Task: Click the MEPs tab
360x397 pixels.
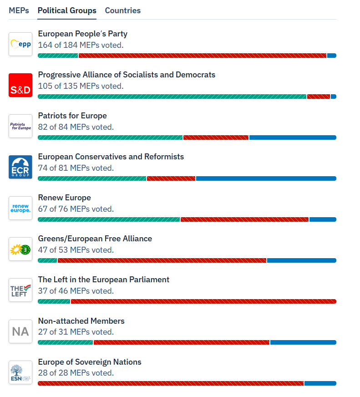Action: coord(19,10)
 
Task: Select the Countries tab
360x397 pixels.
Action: coord(123,10)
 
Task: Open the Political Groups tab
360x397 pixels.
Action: coord(67,10)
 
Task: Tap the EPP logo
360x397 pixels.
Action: coord(20,44)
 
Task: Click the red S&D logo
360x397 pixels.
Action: coord(20,85)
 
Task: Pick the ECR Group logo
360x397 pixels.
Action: coord(20,167)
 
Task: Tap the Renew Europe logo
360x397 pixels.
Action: coord(20,208)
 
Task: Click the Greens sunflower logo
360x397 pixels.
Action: coord(20,249)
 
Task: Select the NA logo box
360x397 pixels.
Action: coord(20,331)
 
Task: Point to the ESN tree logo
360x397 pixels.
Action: coord(20,372)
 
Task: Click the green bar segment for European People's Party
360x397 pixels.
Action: coord(58,56)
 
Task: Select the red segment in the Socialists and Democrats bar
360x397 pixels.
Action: coord(319,97)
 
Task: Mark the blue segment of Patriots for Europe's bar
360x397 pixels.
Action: coord(293,137)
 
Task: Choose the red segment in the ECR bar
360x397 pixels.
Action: coord(171,178)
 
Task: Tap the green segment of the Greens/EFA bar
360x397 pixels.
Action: coord(47,260)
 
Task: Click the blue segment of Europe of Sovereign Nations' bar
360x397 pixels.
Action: coord(320,384)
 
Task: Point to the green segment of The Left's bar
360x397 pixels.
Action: coord(54,301)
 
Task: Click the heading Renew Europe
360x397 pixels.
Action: coord(64,198)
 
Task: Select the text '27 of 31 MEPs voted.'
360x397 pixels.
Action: coord(76,332)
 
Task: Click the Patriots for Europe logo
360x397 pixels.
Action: coord(20,126)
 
